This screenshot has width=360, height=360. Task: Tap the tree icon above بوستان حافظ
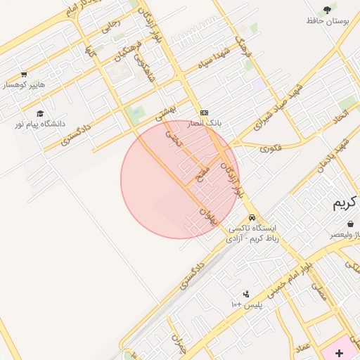[x=327, y=10]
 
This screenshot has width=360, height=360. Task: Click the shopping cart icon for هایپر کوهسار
[x=24, y=75]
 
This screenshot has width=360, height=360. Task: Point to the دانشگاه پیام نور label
[x=39, y=124]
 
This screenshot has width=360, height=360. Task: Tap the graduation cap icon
[x=40, y=113]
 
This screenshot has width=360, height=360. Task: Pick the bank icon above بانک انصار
[x=204, y=112]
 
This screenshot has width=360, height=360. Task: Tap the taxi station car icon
[x=252, y=217]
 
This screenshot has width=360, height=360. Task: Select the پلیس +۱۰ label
[x=246, y=304]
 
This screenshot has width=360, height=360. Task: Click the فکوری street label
[x=270, y=148]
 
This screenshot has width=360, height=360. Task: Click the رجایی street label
[x=112, y=25]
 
